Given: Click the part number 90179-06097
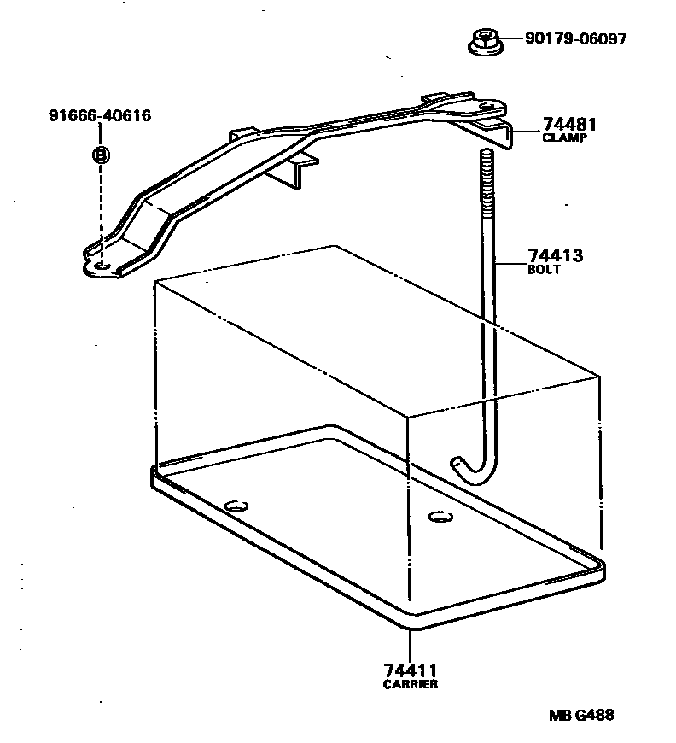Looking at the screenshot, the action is (563, 38).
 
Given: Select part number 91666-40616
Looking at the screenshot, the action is (100, 115).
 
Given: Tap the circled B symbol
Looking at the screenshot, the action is (101, 155).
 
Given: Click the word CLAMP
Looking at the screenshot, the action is (565, 137).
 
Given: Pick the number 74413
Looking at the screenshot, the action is (557, 256).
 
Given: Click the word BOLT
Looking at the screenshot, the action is (544, 270).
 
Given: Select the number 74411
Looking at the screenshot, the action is (411, 671).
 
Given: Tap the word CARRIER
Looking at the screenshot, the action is (411, 684).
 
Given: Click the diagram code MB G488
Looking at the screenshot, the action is (580, 716).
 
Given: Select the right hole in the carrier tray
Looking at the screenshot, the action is (439, 516).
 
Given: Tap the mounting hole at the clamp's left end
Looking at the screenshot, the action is (101, 267).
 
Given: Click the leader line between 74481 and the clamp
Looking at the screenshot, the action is (524, 132).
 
